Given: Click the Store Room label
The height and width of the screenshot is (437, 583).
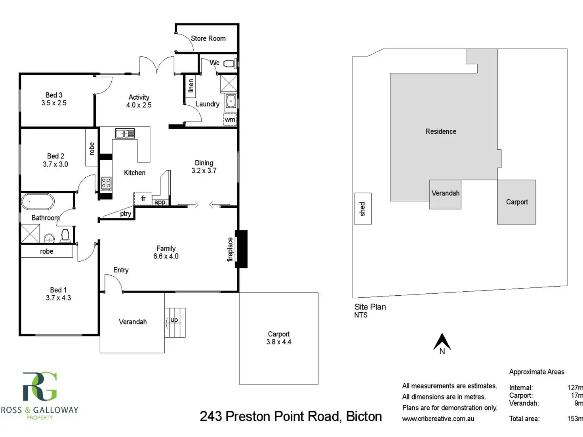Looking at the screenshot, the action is pos(208,38).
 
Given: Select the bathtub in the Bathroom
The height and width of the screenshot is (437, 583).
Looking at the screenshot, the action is pos(38,201).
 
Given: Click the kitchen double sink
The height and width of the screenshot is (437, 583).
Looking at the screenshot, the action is pos(125,133).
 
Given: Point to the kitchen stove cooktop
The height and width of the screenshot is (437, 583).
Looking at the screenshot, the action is pos(106,184).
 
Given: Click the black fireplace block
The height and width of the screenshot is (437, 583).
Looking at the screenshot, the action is pos(242,249).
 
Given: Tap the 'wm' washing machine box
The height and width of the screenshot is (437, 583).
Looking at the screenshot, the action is pos(230,120).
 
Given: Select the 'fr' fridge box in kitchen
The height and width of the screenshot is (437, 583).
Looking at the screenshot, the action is pos(143,198).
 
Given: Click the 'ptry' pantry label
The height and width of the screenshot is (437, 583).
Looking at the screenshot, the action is pos(126,214).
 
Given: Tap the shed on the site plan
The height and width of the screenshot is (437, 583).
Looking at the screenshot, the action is pos(362,209).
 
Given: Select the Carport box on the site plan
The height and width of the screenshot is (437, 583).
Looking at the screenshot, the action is pos(516,202).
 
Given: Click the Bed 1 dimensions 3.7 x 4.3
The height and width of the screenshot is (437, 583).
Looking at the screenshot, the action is pos(58,298).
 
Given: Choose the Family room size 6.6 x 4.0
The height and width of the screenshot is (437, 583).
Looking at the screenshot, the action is pos(166,256).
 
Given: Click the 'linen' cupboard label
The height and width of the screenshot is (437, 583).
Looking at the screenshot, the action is pos(191,85).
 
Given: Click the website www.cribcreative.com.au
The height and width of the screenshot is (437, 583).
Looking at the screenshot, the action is pos(438,418).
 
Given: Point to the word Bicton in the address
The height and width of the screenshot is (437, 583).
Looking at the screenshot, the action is pos(364,416).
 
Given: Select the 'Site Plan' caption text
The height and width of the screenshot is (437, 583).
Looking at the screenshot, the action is pos(370,307).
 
